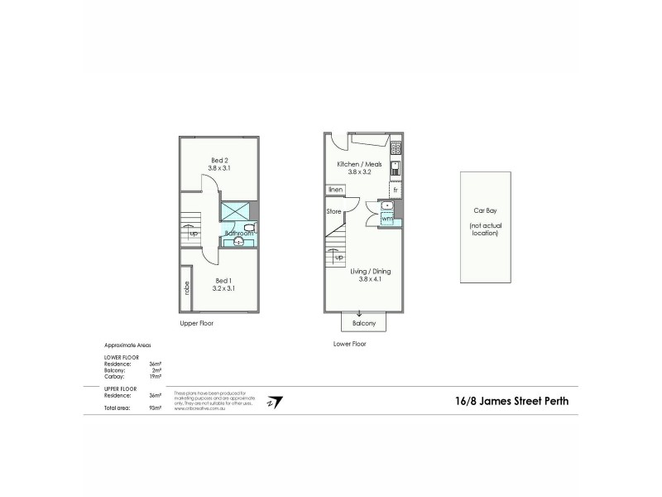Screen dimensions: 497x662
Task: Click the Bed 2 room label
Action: [x=218, y=162]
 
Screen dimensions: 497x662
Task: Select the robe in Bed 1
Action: [x=187, y=289]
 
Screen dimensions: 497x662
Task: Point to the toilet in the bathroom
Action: [x=249, y=227]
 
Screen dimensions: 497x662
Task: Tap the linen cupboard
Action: [x=335, y=191]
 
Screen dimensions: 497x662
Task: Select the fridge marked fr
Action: [x=396, y=191]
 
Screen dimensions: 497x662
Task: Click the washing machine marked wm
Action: [x=386, y=219]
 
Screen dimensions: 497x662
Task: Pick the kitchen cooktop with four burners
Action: [x=396, y=149]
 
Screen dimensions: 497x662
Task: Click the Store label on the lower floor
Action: [x=333, y=211]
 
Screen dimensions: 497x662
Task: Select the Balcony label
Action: [x=363, y=323]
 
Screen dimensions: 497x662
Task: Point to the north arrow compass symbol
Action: [x=276, y=402]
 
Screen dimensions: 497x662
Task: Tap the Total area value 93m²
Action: [x=155, y=409]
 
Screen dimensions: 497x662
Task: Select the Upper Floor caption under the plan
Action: [x=197, y=323]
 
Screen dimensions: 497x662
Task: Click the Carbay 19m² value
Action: [x=155, y=376]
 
